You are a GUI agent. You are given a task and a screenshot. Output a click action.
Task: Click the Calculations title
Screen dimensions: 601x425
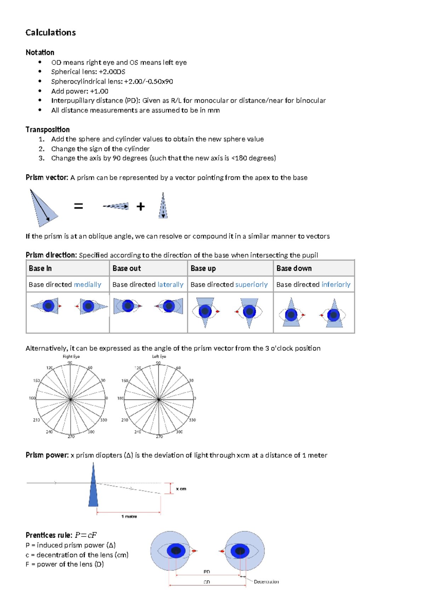coord(51,33)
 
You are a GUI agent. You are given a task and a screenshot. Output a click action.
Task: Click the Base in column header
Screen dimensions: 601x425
coord(40,268)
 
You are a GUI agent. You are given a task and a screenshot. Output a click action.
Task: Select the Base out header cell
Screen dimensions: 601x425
coord(126,268)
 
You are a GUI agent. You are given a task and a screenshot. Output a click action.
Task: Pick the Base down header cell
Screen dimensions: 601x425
coord(294,268)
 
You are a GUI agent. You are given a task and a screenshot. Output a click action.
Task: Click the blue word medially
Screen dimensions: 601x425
coord(87,285)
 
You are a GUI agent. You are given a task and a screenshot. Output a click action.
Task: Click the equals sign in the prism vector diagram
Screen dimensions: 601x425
coord(78,206)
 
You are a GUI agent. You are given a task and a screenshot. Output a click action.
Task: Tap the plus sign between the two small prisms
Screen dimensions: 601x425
coord(141,207)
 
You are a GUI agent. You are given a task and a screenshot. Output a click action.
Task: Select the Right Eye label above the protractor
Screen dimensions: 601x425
coord(71,356)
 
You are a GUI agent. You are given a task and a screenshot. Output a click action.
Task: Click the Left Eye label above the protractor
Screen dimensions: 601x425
coord(159,356)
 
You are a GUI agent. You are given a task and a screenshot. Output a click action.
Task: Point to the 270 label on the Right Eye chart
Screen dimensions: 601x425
coord(71,437)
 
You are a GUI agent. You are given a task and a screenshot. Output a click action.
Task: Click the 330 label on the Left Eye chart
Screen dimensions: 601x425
coord(192,420)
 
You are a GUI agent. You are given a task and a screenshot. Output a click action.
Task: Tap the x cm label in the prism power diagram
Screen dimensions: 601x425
coord(181,489)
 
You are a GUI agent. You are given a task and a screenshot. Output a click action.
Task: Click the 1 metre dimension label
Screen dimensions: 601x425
coord(129,516)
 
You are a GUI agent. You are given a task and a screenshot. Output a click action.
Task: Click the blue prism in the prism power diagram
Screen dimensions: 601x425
coord(93,489)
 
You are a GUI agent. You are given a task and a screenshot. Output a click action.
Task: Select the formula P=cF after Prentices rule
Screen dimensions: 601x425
coord(86,535)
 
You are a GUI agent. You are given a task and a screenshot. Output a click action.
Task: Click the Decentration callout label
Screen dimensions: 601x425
coord(266,582)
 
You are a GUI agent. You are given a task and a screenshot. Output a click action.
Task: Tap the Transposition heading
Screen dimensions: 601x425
coord(47,129)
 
